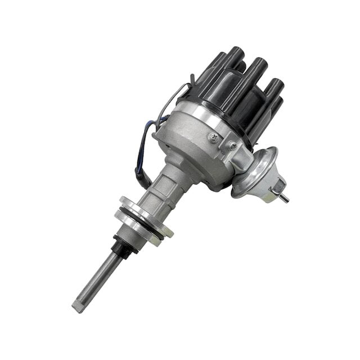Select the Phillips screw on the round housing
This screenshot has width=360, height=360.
pos(213,137)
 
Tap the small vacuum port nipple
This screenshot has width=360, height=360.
pos(284,197)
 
